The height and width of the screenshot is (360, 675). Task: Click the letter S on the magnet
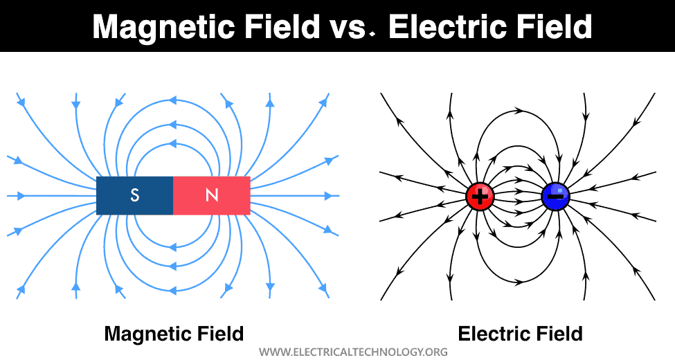tap(135, 196)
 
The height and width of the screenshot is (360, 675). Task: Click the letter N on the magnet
tap(212, 196)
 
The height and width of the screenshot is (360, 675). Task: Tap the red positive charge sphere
tap(479, 197)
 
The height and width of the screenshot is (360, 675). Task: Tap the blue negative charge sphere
tap(555, 197)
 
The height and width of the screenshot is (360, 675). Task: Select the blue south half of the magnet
tap(118, 196)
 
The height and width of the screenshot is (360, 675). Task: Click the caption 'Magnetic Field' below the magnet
tap(174, 334)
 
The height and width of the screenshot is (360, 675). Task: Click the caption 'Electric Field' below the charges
tap(520, 334)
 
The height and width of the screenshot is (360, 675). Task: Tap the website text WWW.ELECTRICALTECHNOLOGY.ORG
tap(354, 352)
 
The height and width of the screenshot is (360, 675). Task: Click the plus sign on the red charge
tap(479, 197)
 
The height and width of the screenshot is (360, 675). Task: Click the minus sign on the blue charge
tap(555, 197)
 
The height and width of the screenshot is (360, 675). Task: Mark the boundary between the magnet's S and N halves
tap(173, 196)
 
